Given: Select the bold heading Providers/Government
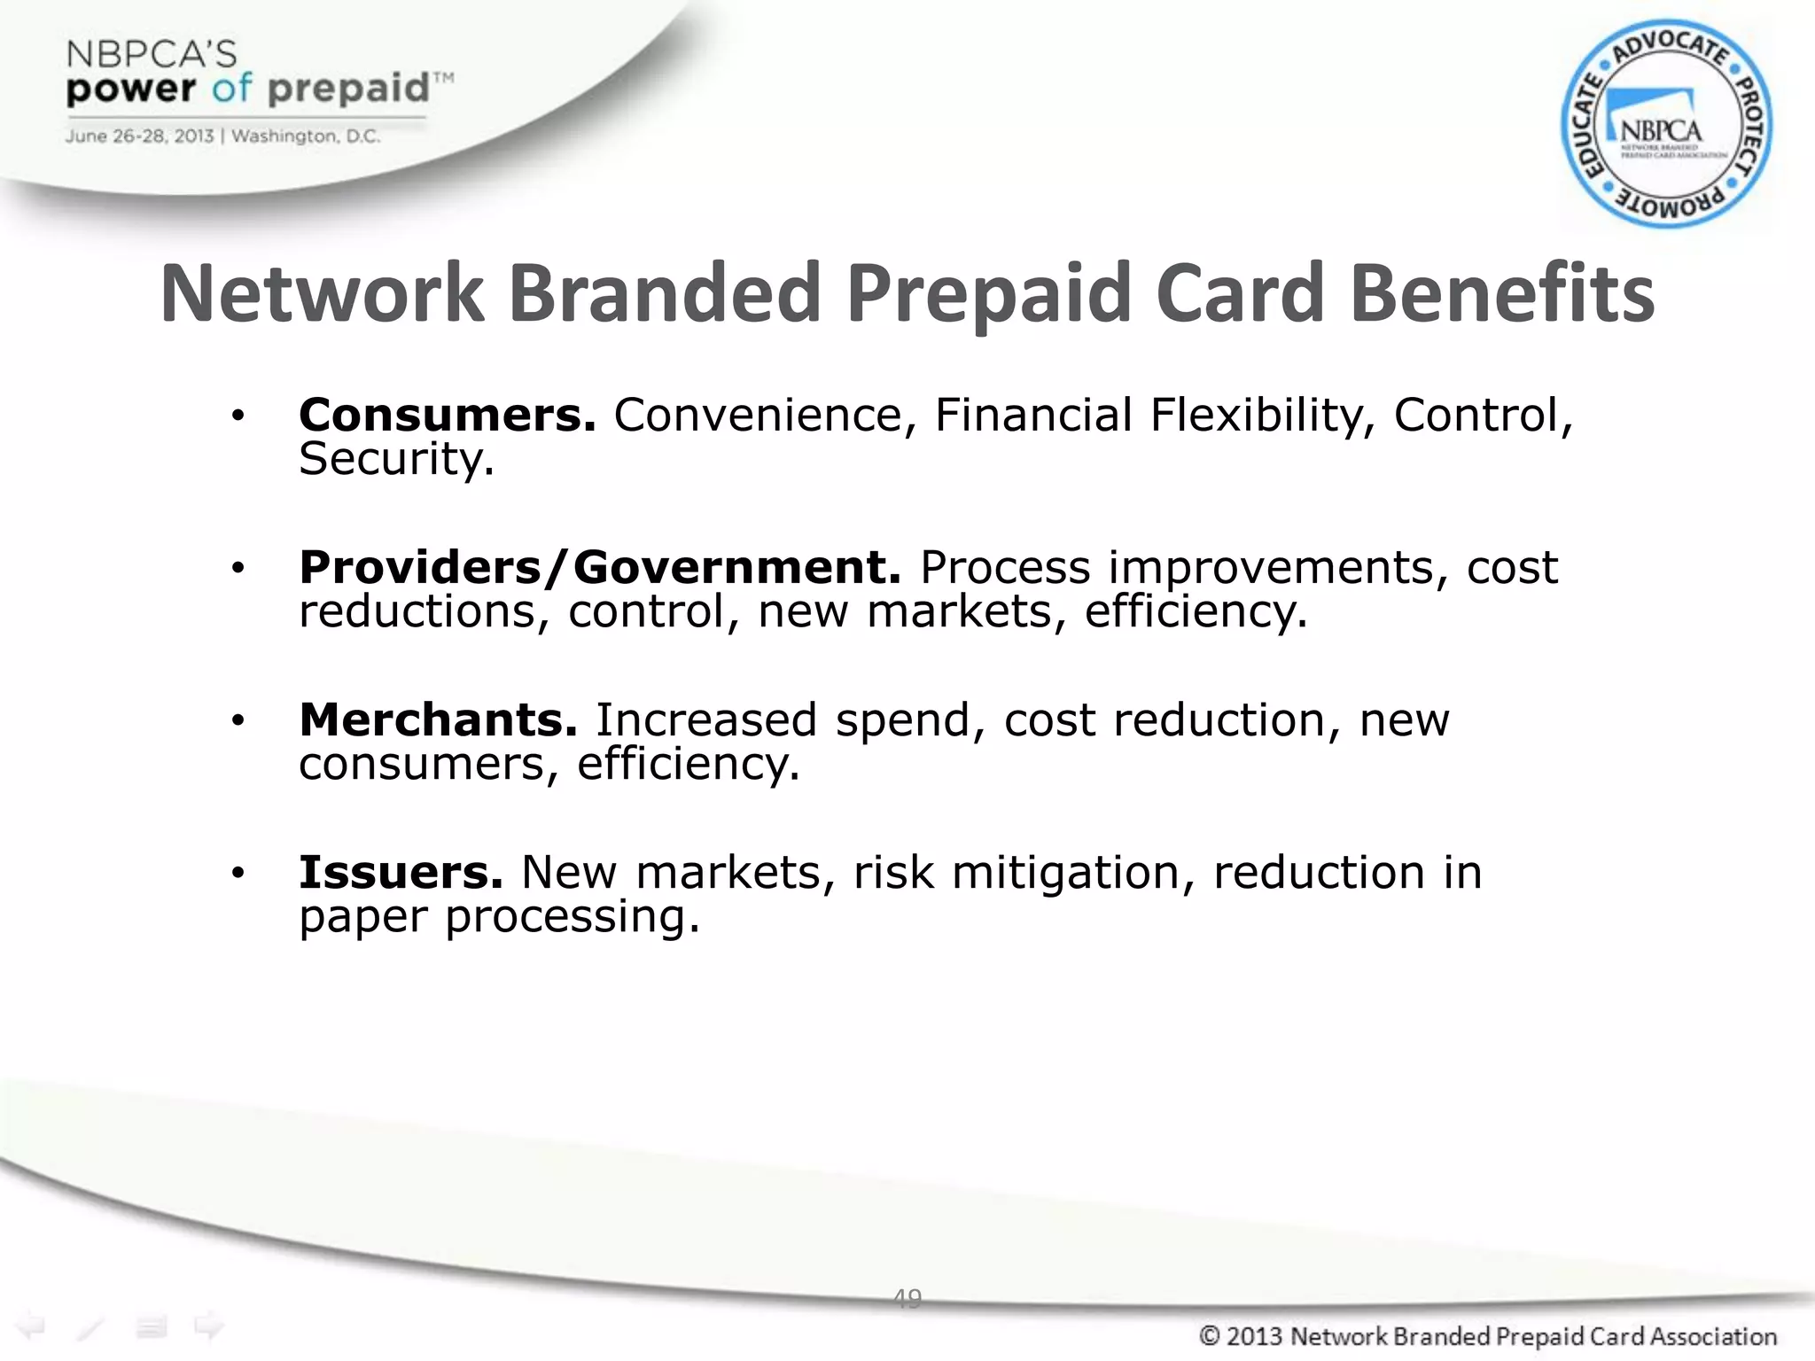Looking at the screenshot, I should pos(600,567).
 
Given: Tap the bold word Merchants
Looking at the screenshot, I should pos(438,719).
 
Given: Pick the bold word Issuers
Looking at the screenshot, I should pos(401,872).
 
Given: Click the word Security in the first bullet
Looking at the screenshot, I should pos(396,459).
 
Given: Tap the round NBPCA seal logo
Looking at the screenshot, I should pos(1666,124).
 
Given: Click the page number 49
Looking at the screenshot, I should pos(907,1298).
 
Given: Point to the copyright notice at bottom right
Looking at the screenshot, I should pos(1488,1335).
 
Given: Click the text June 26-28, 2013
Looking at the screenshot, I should pos(139,136).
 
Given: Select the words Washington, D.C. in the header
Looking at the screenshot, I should pos(306,136).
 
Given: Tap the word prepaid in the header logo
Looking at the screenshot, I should pos(348,89).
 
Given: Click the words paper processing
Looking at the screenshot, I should pos(499,916).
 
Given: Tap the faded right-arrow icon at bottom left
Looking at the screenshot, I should pos(209,1326).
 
